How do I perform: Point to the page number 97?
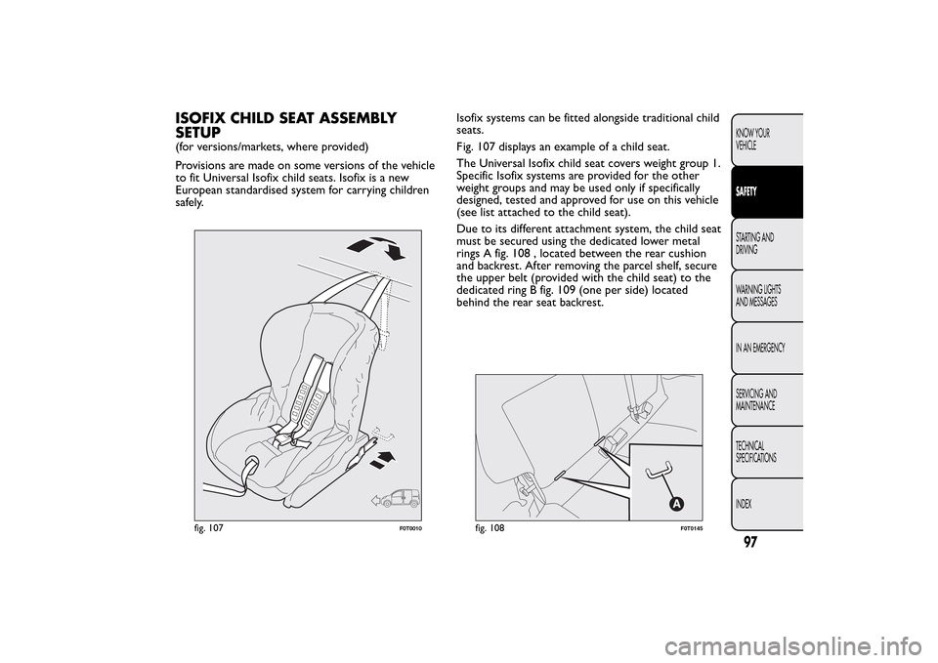click(750, 542)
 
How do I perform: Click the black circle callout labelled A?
click(675, 505)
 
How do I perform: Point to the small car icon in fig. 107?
click(396, 498)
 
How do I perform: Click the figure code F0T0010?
click(411, 529)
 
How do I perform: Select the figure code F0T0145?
click(692, 529)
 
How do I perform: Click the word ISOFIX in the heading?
click(199, 118)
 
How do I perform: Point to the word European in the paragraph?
click(195, 190)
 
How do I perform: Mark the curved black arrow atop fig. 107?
click(388, 248)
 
